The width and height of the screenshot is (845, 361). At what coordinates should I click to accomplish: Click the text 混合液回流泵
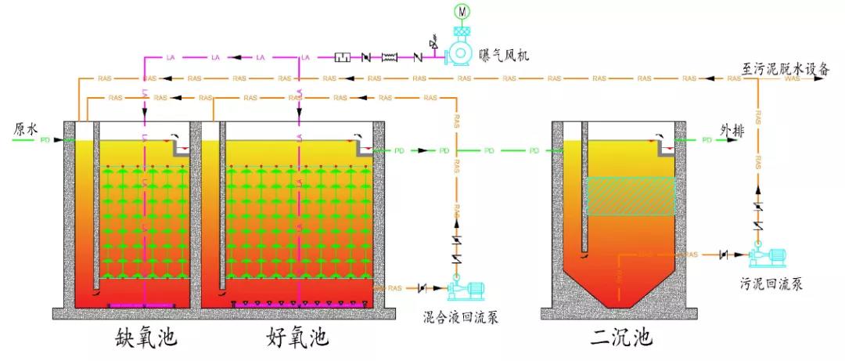(x=460, y=317)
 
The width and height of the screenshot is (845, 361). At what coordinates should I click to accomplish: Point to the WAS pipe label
(x=792, y=78)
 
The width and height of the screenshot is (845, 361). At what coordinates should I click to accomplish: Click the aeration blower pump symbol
(x=457, y=54)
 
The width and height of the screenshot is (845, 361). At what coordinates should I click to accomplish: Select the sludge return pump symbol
(x=768, y=255)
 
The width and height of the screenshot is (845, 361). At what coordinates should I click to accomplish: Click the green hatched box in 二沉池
(x=630, y=196)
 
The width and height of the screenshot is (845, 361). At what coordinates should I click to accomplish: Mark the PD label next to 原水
(x=45, y=140)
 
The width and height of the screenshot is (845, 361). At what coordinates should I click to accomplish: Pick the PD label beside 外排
(x=707, y=140)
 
